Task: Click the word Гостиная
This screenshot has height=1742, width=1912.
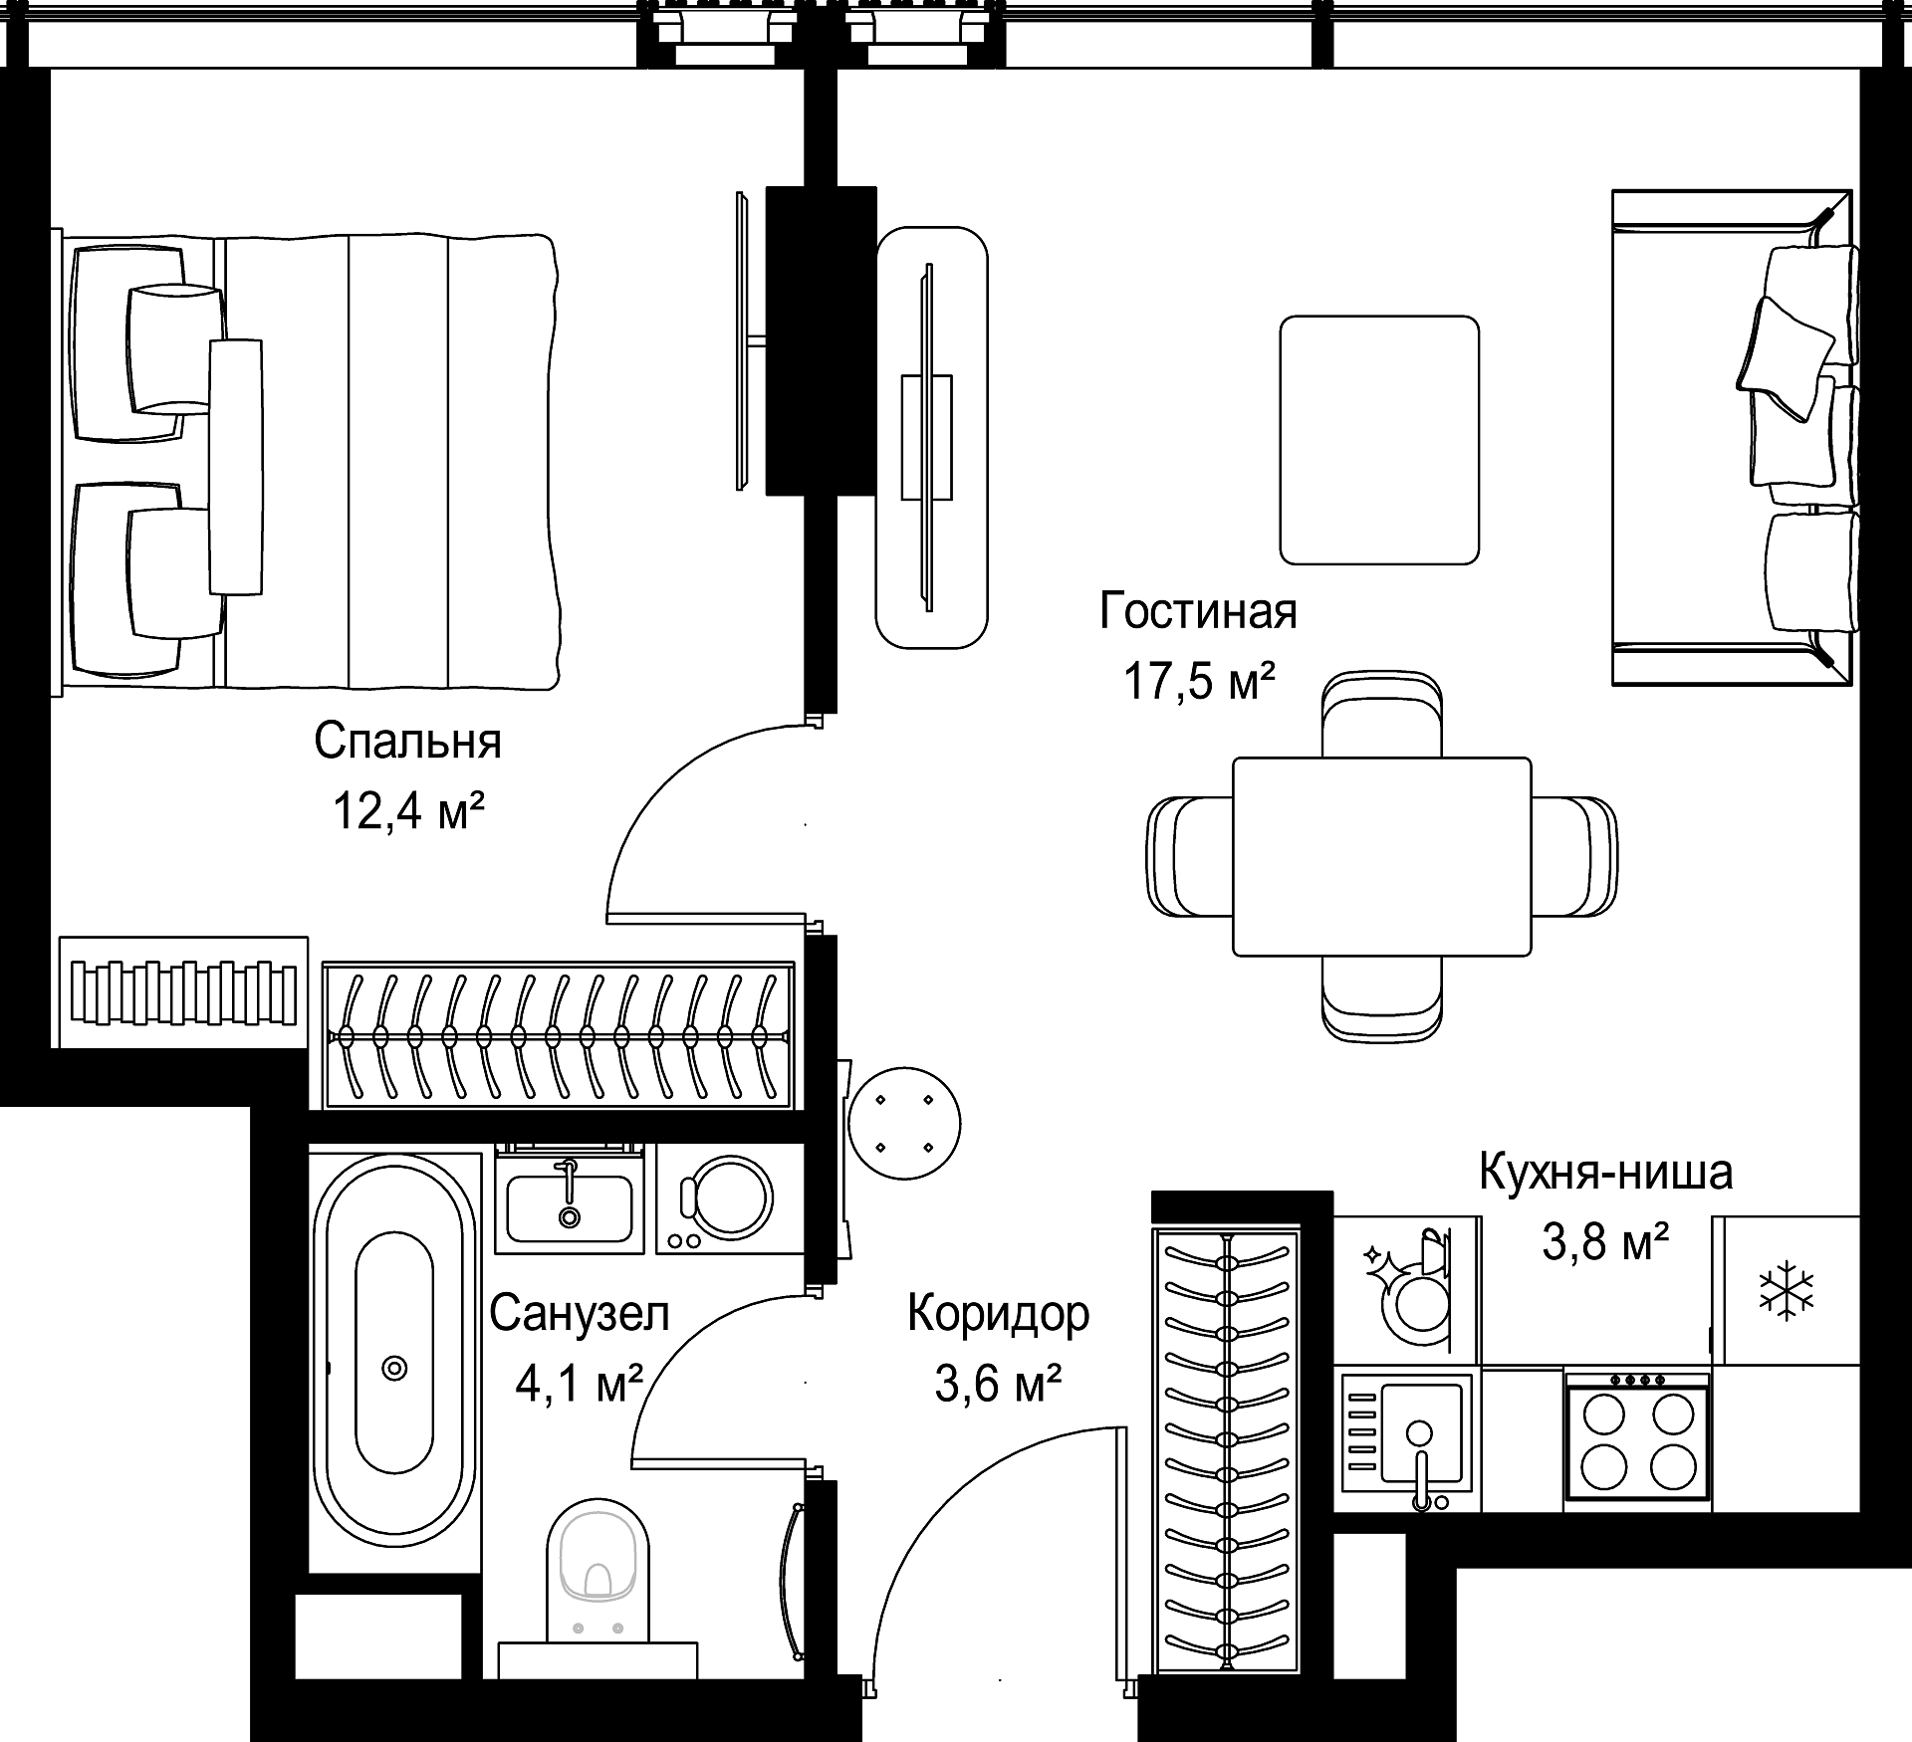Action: coord(1198,611)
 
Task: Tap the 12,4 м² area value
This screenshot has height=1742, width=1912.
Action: coord(408,811)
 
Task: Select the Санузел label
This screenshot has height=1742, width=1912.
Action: coord(580,1314)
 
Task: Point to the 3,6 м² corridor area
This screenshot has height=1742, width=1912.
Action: coord(999,1383)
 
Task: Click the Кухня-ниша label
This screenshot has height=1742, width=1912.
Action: coord(1605,1172)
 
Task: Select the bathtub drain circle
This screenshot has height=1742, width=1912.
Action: coord(394,1369)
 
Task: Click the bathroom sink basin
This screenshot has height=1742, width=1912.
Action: coord(570,1207)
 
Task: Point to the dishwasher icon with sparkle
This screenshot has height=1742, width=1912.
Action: coord(1406,1289)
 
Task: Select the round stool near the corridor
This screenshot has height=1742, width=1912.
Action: coord(905,1123)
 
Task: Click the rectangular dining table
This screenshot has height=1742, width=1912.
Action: coord(1382,856)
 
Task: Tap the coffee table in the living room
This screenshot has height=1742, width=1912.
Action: coord(1379,440)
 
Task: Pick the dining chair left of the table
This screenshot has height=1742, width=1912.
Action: coord(1191,856)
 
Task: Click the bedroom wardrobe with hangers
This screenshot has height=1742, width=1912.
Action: coord(558,1035)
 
